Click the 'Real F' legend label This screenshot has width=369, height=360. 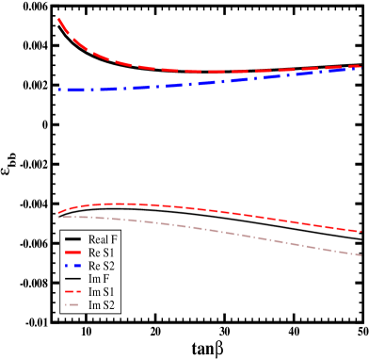[102, 239]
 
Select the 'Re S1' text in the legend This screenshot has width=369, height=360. [101, 253]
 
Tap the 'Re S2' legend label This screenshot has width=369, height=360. [101, 266]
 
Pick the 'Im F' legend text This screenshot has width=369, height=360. [98, 279]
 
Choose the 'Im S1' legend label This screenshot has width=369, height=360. [100, 292]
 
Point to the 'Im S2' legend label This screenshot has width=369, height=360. [100, 305]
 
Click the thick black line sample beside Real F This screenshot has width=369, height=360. [72, 239]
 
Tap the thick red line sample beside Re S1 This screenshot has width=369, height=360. [72, 253]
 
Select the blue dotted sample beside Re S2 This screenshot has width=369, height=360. [72, 266]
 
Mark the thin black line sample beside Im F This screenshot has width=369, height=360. [72, 279]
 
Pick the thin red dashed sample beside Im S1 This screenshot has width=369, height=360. [72, 292]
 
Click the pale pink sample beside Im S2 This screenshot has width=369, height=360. [72, 305]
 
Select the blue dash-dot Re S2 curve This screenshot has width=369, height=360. [188, 83]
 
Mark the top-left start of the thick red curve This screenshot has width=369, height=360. [58, 19]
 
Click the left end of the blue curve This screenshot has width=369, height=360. [58, 90]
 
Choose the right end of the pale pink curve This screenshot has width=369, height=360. [361, 254]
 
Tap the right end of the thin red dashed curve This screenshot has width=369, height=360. [361, 231]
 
